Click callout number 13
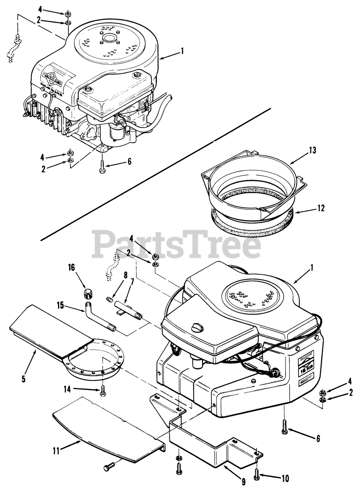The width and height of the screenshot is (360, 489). coord(312,150)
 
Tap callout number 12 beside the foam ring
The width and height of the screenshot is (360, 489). coord(321,208)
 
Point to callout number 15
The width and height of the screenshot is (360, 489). coord(60,306)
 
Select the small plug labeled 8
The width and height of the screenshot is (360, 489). coord(110,300)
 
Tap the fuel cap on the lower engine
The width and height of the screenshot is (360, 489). coord(197,327)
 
